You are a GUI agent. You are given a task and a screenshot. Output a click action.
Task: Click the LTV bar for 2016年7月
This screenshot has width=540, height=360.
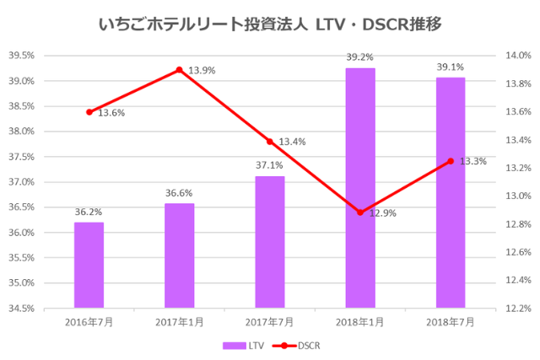click(89, 265)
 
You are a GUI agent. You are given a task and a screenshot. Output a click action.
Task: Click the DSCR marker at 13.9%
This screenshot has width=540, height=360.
click(179, 70)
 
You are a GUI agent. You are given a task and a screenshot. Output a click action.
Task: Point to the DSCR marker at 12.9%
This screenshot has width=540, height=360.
click(360, 212)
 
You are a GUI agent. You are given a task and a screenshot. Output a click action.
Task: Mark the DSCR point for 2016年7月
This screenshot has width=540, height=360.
click(89, 112)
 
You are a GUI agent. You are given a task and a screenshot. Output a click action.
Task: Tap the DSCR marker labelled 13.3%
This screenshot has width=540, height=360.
click(451, 161)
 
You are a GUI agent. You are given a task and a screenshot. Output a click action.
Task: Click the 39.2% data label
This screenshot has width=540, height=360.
click(360, 57)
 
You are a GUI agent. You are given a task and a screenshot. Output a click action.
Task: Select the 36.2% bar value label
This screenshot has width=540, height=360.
click(89, 212)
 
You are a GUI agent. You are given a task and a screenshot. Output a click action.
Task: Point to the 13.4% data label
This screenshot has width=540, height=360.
click(292, 142)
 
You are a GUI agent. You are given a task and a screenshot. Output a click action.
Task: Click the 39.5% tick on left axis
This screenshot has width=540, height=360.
click(21, 56)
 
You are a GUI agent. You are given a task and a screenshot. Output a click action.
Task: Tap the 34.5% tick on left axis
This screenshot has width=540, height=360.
click(21, 308)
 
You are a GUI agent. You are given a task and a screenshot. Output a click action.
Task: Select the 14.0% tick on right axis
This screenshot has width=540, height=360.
click(517, 56)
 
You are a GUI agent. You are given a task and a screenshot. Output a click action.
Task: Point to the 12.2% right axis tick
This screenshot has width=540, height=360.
click(517, 308)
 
